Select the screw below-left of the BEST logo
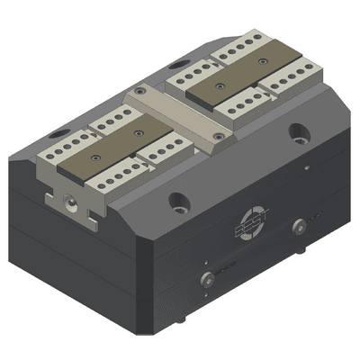[x=207, y=278]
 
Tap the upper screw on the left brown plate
[x=138, y=131]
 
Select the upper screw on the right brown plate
[x=262, y=62]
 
